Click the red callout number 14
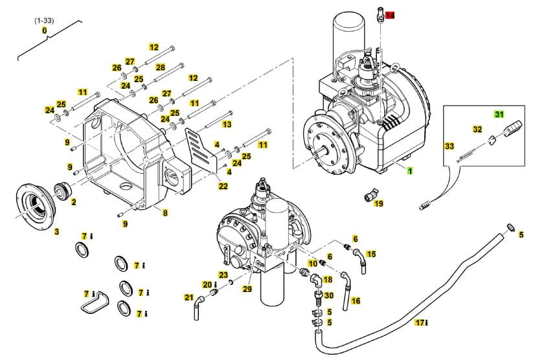pos(391,15)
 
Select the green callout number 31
pos(499,115)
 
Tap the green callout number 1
pos(409,171)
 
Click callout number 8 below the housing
pos(165,213)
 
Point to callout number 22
pos(223,186)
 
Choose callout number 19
pos(379,203)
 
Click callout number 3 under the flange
pos(56,232)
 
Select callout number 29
pos(247,289)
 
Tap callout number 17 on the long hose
pos(419,322)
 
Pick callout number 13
pos(227,124)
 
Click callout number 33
pos(450,147)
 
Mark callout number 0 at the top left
pos(44,30)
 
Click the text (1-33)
pos(44,21)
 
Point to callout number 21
pos(188,298)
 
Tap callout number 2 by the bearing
pos(73,203)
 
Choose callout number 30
pos(328,295)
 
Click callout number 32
pos(477,129)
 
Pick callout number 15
pos(371,254)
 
